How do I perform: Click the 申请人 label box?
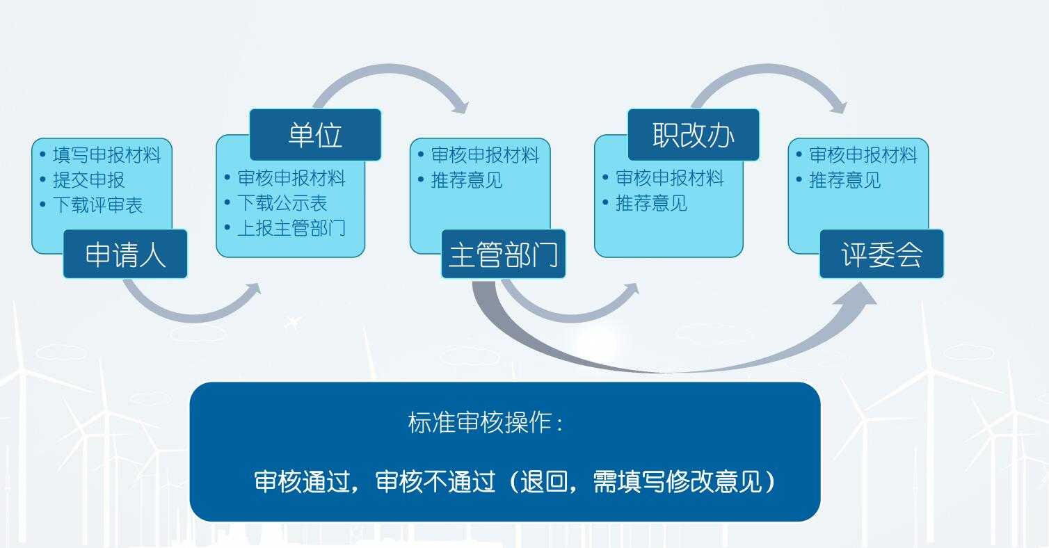click(125, 255)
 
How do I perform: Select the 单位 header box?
click(315, 135)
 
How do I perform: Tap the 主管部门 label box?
click(503, 255)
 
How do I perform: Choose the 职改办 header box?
click(693, 135)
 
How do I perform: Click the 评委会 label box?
click(881, 255)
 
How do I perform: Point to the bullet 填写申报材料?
click(106, 154)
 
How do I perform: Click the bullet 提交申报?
click(88, 179)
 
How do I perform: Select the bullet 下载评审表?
click(97, 204)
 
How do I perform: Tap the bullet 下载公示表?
click(282, 203)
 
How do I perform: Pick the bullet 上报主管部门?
click(291, 228)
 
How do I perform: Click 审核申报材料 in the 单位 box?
click(291, 178)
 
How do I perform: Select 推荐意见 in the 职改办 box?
click(651, 203)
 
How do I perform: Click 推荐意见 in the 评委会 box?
click(844, 180)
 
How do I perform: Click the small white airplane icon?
click(294, 322)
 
